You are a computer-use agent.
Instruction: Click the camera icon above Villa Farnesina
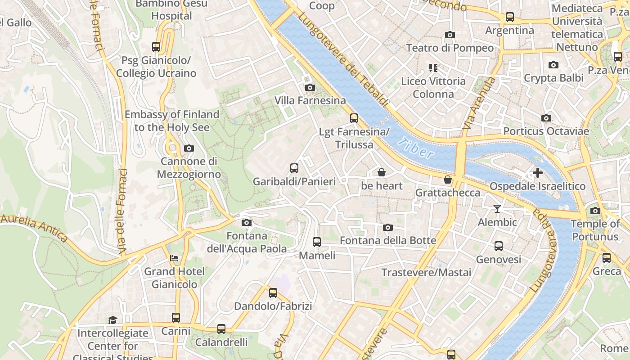tap(310, 87)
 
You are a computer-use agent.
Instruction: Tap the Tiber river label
tap(416, 148)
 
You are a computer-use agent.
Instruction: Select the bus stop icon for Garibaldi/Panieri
tap(294, 168)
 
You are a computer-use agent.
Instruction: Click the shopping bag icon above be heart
tap(381, 172)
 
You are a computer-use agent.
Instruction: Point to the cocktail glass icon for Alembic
tap(497, 208)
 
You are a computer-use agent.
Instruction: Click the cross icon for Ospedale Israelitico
tap(537, 172)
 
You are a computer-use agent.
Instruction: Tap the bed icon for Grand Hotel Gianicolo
tap(174, 258)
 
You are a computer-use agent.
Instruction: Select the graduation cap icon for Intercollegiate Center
tap(112, 320)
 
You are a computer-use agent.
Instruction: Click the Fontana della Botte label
tap(388, 240)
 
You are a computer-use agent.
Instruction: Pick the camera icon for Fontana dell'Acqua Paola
tap(246, 222)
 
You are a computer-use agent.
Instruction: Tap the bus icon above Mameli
tap(317, 242)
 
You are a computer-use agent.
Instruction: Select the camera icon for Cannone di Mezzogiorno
tap(189, 148)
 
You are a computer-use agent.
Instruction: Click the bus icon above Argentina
tap(509, 17)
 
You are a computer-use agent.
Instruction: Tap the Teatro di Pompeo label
tap(450, 48)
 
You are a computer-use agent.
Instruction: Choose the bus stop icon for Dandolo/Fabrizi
tap(273, 293)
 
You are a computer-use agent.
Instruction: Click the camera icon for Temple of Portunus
tap(595, 211)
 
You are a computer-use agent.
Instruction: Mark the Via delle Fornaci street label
tap(121, 211)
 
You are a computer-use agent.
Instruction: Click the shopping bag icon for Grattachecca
tap(447, 180)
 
